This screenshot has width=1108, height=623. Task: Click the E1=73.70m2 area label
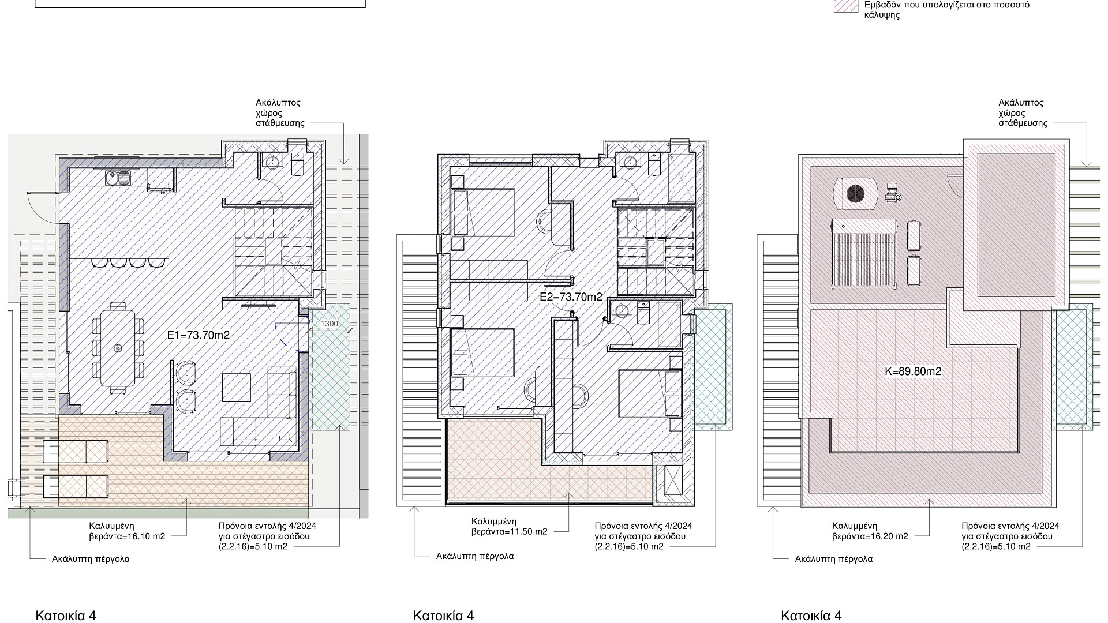tap(199, 335)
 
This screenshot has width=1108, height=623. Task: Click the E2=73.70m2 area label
tap(571, 297)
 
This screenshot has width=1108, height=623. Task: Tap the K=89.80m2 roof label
tap(913, 371)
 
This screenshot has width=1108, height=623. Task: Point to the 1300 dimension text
tap(330, 324)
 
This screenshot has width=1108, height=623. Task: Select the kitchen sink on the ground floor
tap(118, 178)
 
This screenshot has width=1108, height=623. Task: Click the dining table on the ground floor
tap(118, 348)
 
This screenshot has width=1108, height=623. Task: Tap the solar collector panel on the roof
tap(863, 252)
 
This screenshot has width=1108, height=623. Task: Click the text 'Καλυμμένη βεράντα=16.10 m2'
tap(127, 531)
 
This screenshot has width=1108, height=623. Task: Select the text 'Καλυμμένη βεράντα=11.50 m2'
tap(510, 526)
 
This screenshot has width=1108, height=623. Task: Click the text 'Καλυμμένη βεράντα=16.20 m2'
tap(870, 531)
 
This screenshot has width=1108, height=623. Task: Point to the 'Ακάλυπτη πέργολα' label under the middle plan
tap(474, 556)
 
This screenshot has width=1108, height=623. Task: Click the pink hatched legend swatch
tap(846, 6)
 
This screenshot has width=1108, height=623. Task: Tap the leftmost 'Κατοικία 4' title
tap(66, 616)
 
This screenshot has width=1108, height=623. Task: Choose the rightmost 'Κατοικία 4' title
tap(811, 616)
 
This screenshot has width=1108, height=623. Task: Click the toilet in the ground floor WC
tap(298, 164)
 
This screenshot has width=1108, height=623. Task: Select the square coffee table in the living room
tap(237, 388)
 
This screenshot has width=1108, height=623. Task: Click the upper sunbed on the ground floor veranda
tap(76, 451)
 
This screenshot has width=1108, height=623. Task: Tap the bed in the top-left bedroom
tap(482, 212)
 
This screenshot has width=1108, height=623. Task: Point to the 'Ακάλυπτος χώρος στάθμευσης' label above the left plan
tap(279, 113)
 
